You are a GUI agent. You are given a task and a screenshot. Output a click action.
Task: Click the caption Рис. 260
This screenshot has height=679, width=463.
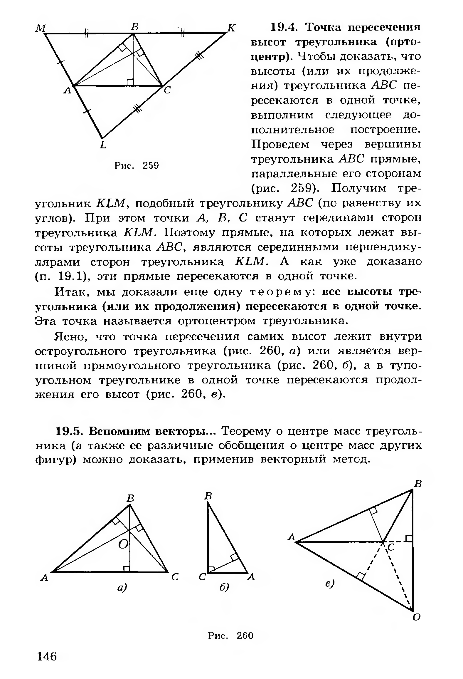tap(230, 636)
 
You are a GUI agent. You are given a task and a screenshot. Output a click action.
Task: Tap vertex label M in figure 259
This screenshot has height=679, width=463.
tap(41, 28)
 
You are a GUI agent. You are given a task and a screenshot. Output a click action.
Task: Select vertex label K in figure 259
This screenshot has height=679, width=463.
tap(232, 28)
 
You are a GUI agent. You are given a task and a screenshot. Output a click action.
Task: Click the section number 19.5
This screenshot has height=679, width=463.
tap(69, 431)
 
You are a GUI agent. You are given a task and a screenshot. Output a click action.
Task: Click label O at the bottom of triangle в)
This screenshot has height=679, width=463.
tap(416, 618)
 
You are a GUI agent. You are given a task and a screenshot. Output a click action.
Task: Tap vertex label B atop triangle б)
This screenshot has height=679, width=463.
tap(208, 496)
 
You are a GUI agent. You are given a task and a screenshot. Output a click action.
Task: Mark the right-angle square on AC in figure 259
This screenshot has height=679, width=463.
tap(130, 82)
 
